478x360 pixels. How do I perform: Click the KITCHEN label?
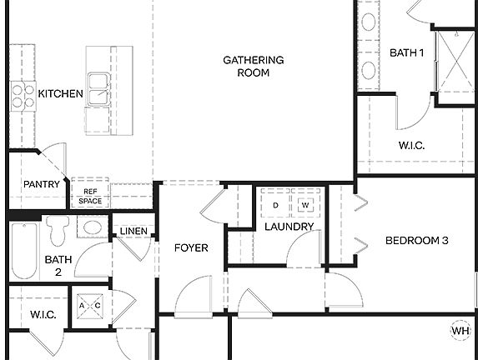coord(61,94)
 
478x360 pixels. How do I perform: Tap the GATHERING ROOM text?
coord(254,66)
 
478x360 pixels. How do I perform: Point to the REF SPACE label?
coord(90,196)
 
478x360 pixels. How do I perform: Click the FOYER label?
coord(191,247)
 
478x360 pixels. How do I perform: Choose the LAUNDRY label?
coord(289,227)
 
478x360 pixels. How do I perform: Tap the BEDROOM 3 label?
coord(416,241)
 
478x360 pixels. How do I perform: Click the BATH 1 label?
coord(407,53)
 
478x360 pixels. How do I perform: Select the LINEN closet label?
coord(133,231)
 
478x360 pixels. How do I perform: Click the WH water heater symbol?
coord(460,331)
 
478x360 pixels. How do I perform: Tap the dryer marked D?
coord(274,204)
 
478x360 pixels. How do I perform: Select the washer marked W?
coord(304,204)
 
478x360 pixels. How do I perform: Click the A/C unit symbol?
coord(89,305)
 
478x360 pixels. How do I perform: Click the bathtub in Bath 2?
coord(23,250)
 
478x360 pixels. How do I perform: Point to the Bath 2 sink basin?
coord(93,227)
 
